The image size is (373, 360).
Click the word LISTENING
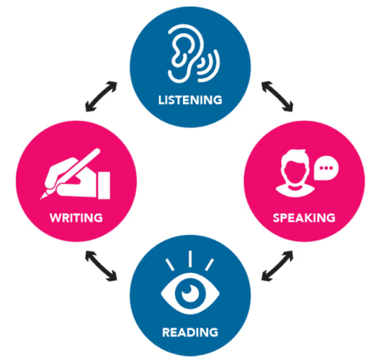pos(190,100)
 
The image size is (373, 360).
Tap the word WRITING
pos(76,218)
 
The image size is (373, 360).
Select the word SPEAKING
pos(304,218)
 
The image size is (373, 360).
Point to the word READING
pos(190,332)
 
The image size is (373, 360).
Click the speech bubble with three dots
pos(326,168)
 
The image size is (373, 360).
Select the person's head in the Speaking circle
pos(295,167)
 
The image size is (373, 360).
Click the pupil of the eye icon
pos(190,293)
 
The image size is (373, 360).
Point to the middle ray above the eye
pos(190,259)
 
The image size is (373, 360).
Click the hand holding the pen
pos(72,176)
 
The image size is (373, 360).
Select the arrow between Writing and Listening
pos(101,96)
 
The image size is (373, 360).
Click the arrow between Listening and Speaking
pos(277,96)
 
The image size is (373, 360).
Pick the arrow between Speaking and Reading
pos(277,266)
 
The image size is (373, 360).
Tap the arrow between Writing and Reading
pos(101,266)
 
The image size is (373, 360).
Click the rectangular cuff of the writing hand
pos(104,185)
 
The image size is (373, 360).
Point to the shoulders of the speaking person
pos(295,190)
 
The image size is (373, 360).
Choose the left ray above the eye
pos(170,265)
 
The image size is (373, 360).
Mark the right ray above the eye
pos(210,265)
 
